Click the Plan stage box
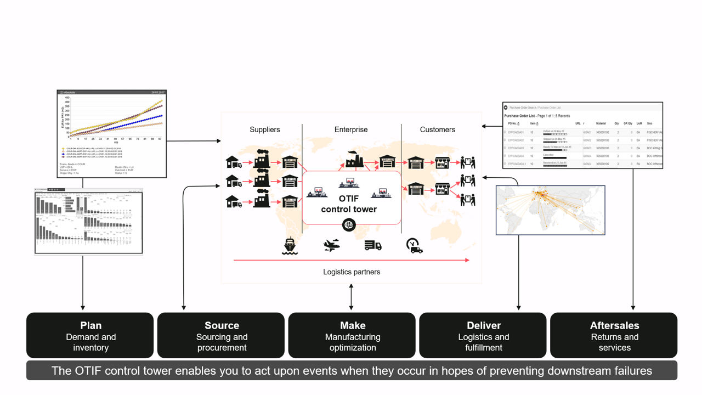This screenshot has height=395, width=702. point(90,336)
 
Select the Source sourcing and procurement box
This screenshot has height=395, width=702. point(221,336)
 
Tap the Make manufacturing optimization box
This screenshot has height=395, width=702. point(352,336)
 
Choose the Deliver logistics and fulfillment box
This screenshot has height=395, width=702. point(483,336)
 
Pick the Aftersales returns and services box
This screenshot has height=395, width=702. point(614,336)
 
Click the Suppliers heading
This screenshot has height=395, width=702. point(265,129)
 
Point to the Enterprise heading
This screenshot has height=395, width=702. point(351,129)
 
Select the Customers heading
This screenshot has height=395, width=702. point(437,129)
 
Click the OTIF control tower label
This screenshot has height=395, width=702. point(349,204)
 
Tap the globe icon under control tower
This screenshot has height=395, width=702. point(348,225)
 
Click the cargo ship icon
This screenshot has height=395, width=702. point(290,246)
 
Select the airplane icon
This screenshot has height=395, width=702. point(332,245)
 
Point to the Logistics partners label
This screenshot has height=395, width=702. point(352,272)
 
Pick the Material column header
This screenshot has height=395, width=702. point(601,123)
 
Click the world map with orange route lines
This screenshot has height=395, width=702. point(550,210)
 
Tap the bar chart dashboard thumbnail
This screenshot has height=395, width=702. point(88,221)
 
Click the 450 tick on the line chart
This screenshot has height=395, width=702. point(67,98)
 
